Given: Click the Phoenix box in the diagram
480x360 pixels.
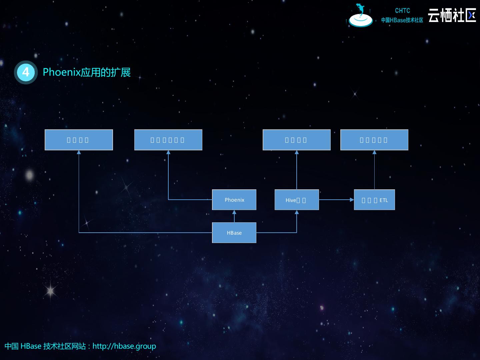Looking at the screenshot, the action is [234, 200].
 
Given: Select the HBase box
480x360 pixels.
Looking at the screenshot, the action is [234, 233].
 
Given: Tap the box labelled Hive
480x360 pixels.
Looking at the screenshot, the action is [296, 200].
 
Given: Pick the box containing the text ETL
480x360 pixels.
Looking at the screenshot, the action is [374, 200].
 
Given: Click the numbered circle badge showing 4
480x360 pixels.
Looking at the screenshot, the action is [26, 72].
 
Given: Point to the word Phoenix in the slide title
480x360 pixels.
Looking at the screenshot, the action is [62, 72].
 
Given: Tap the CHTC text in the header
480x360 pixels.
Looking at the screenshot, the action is [402, 11].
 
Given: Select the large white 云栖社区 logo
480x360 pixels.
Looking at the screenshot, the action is [452, 15].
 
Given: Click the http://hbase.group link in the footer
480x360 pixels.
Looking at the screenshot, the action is [124, 346].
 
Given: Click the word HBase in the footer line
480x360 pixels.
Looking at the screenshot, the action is [31, 346].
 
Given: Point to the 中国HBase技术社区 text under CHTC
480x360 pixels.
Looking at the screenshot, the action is [402, 20].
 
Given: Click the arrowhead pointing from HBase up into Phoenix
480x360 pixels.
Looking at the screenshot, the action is [234, 212].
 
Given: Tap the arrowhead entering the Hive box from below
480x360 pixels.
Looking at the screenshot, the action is [297, 212].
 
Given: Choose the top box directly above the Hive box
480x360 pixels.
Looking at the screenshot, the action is [296, 140].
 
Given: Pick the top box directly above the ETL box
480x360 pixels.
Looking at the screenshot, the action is [374, 140].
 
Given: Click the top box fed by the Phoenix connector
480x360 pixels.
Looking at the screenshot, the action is [168, 140].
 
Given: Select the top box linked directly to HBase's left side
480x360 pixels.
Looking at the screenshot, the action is [79, 140].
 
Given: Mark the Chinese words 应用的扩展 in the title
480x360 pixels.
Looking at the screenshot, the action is [106, 72].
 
